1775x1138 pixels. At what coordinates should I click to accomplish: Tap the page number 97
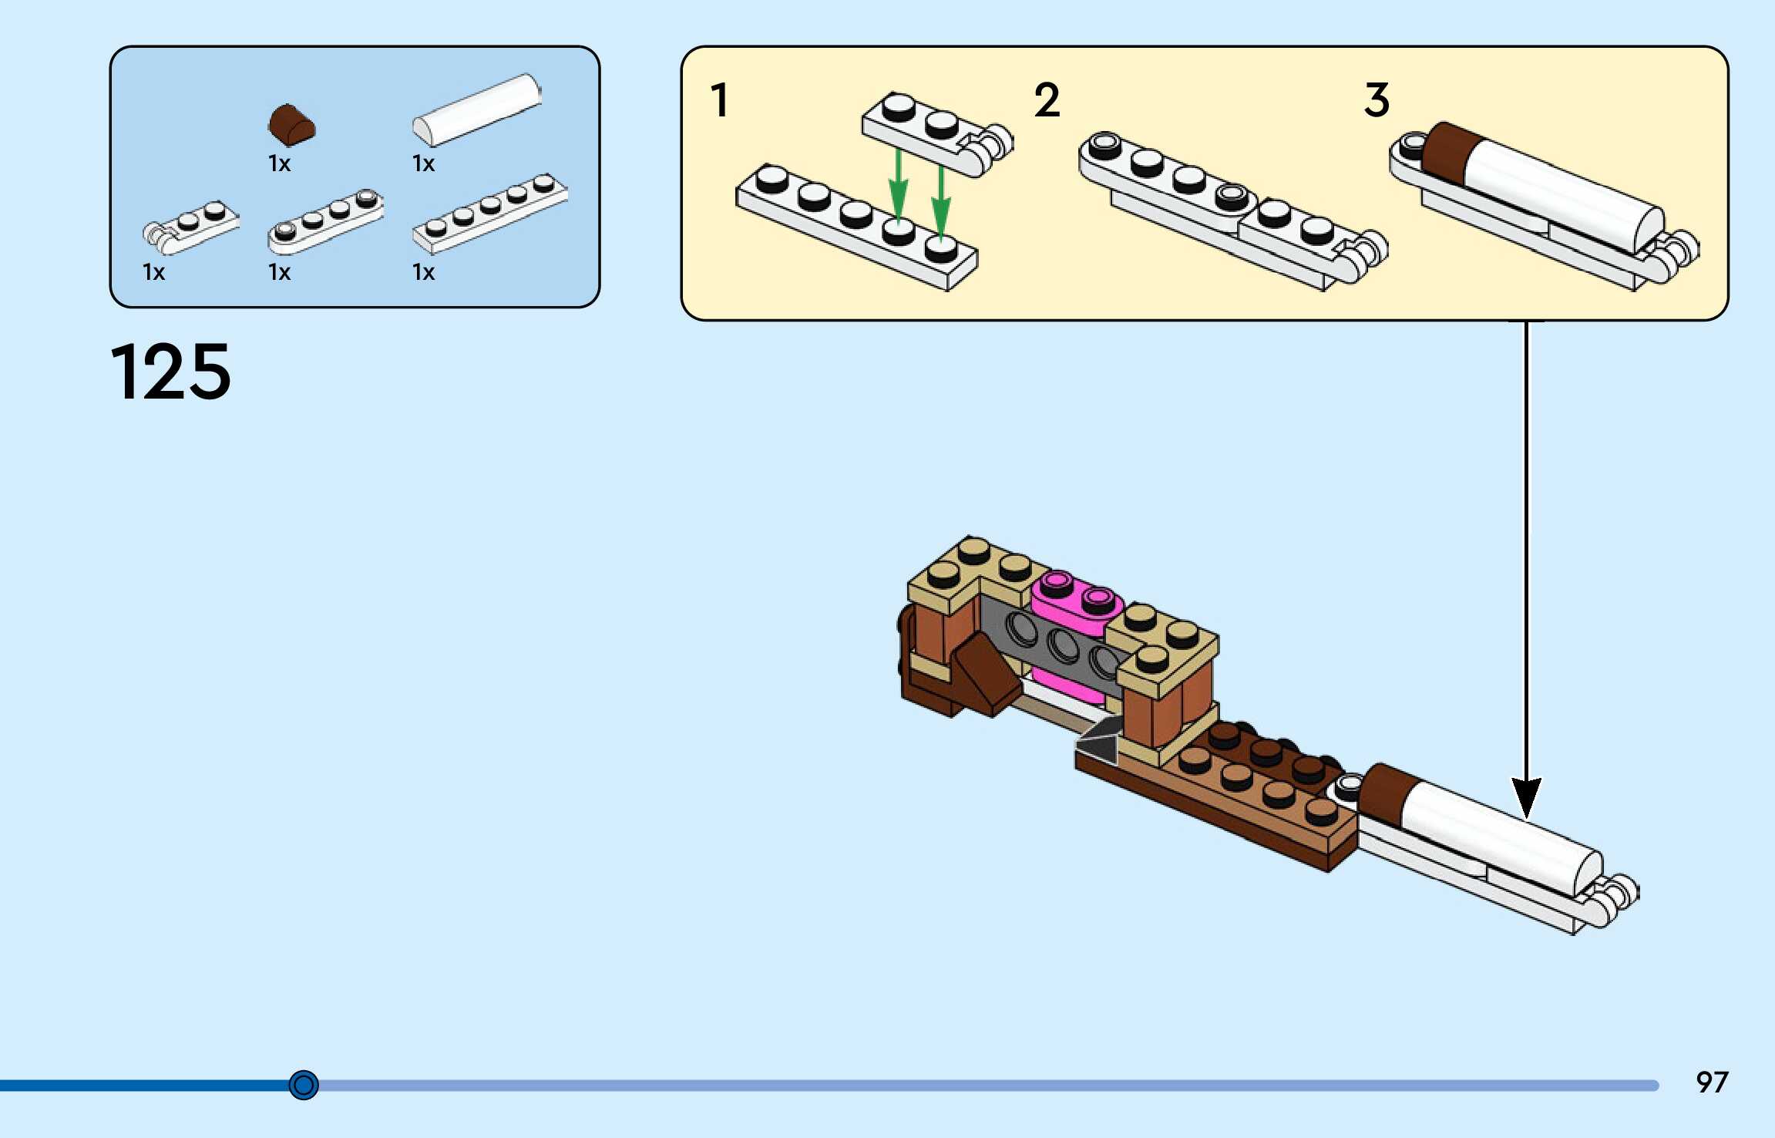point(1712,1082)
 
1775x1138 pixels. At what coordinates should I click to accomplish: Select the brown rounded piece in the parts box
point(291,125)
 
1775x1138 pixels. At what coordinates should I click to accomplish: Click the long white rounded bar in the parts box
point(477,109)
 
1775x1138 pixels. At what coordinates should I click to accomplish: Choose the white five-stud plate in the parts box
point(490,213)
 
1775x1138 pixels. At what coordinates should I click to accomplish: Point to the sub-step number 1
point(720,100)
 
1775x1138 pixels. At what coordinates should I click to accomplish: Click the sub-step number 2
point(1047,100)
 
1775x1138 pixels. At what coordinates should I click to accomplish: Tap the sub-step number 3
point(1377,100)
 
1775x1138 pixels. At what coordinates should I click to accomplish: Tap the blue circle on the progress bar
point(304,1085)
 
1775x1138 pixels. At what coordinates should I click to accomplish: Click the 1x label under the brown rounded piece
point(279,163)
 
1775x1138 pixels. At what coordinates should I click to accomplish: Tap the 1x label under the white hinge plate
point(153,272)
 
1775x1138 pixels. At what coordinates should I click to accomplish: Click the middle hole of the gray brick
point(1063,646)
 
